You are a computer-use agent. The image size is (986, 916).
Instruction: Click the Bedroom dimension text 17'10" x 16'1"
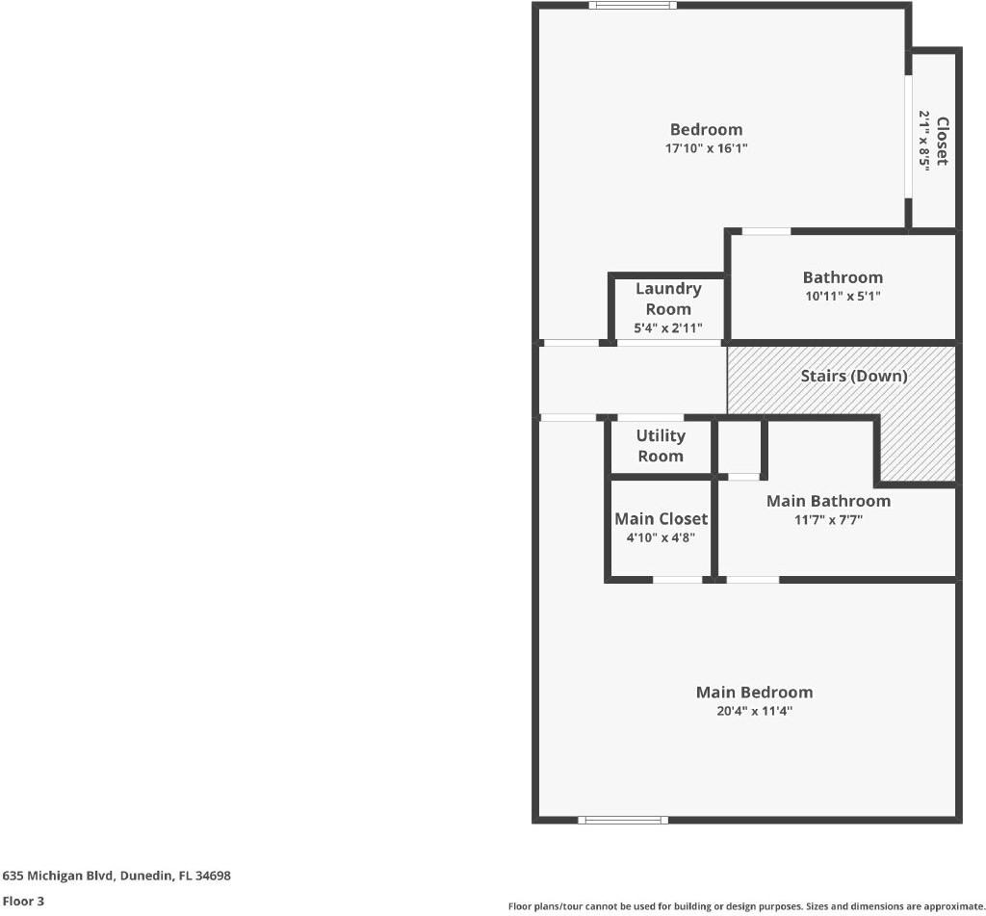click(706, 148)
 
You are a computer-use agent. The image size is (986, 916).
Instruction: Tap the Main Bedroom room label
click(754, 692)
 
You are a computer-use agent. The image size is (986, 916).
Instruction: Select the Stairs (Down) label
click(854, 377)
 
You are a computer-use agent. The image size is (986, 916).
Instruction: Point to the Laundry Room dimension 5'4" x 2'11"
click(668, 327)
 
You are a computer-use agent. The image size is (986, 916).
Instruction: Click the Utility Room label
click(661, 445)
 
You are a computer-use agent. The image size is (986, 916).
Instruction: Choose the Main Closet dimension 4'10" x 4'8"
click(661, 537)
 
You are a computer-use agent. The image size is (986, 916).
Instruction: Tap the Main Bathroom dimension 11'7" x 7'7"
click(828, 520)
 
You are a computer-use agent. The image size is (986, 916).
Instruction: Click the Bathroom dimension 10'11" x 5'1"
click(843, 296)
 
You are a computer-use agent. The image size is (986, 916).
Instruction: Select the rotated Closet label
click(942, 141)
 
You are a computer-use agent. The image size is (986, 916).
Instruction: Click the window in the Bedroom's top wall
click(633, 6)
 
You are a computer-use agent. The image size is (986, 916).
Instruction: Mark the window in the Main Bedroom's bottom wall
click(623, 820)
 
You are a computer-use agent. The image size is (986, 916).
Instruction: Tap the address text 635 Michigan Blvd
click(58, 876)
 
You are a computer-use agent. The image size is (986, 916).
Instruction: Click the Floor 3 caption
click(23, 901)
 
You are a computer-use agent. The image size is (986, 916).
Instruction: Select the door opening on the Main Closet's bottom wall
click(677, 580)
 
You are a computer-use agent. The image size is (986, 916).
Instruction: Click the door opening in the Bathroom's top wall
click(766, 231)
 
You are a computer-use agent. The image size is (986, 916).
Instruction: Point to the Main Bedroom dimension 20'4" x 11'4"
click(754, 711)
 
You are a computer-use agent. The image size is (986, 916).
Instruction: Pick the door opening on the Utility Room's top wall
click(650, 418)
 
